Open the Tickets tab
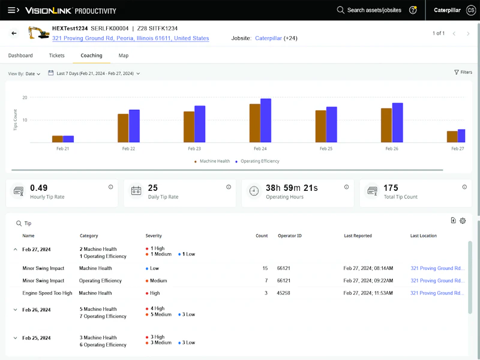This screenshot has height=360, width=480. click(x=56, y=55)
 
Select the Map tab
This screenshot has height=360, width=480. click(x=123, y=55)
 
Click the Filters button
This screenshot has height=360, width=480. click(x=463, y=72)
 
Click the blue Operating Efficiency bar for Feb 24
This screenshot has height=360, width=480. click(x=266, y=121)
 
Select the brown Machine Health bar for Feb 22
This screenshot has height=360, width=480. click(x=123, y=128)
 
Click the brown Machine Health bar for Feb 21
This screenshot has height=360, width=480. click(x=57, y=139)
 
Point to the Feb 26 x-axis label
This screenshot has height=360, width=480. click(x=392, y=148)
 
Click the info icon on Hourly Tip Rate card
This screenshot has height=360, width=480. click(x=111, y=187)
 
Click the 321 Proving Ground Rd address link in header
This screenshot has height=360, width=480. click(x=131, y=38)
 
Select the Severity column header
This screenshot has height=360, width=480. click(x=154, y=236)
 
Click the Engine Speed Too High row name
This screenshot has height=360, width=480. click(x=47, y=293)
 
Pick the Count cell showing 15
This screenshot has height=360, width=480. click(x=265, y=268)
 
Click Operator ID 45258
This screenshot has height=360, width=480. click(x=284, y=293)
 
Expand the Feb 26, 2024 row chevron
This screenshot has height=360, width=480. click(x=15, y=310)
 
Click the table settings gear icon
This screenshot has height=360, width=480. click(x=463, y=221)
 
